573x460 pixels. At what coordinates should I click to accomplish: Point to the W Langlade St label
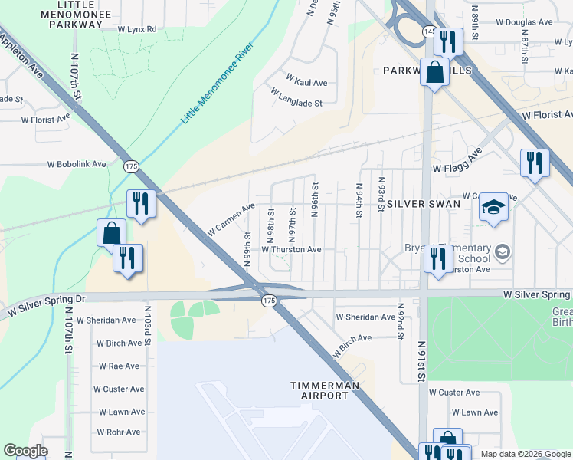296,97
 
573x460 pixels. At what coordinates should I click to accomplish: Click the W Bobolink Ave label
76,164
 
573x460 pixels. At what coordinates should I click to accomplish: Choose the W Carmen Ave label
231,220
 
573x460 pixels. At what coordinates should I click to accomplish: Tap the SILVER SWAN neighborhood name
424,204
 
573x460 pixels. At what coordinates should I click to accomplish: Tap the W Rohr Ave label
118,432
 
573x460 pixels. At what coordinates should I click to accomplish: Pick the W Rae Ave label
118,366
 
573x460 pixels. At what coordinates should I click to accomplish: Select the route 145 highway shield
428,31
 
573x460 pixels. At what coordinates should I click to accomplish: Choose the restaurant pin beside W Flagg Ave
534,163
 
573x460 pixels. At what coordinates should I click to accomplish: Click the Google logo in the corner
25,451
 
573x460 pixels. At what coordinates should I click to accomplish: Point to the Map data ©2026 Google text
526,454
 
